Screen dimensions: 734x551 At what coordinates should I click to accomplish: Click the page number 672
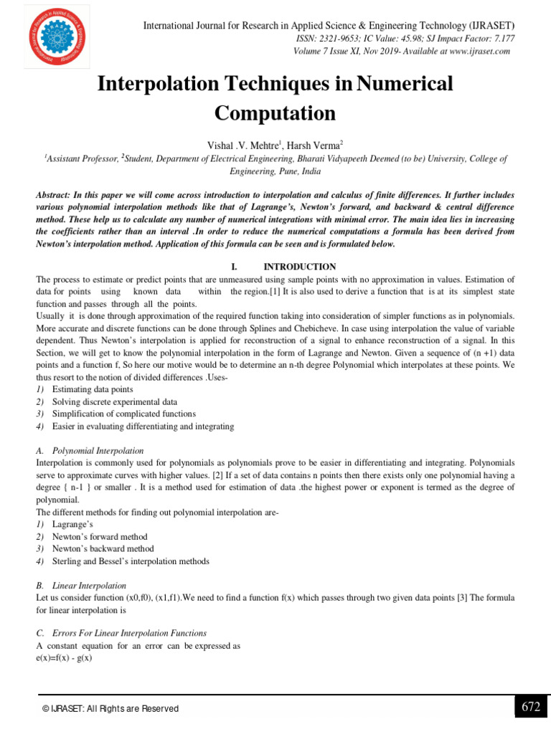click(x=531, y=707)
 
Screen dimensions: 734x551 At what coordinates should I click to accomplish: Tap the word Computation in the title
click(x=275, y=113)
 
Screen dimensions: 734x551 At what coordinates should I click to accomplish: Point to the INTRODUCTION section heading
click(x=300, y=267)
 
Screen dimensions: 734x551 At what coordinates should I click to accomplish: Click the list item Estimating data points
click(x=93, y=389)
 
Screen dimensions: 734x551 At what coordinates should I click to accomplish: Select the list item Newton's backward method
click(x=103, y=548)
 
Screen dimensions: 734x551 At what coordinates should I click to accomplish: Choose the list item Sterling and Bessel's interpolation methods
click(x=131, y=561)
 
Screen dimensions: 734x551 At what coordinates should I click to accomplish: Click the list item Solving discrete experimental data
click(x=114, y=401)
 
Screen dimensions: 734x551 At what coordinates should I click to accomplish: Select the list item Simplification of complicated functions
click(x=123, y=414)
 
